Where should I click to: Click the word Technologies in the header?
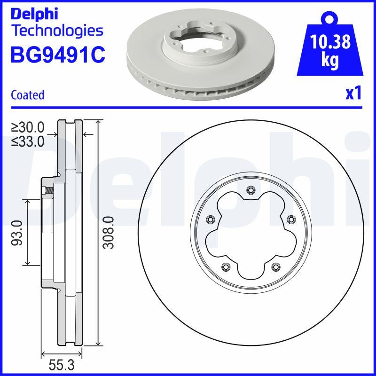[57, 31]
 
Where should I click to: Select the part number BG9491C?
[57, 55]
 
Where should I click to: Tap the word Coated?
[27, 95]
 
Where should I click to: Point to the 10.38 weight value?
[330, 42]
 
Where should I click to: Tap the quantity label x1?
[353, 94]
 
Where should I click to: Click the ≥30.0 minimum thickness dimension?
[28, 127]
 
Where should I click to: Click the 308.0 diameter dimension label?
[109, 232]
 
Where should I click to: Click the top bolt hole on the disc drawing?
[250, 190]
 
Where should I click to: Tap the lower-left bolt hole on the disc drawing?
[225, 266]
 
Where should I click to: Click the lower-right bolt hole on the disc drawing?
[274, 266]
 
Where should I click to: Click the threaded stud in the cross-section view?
[47, 191]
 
